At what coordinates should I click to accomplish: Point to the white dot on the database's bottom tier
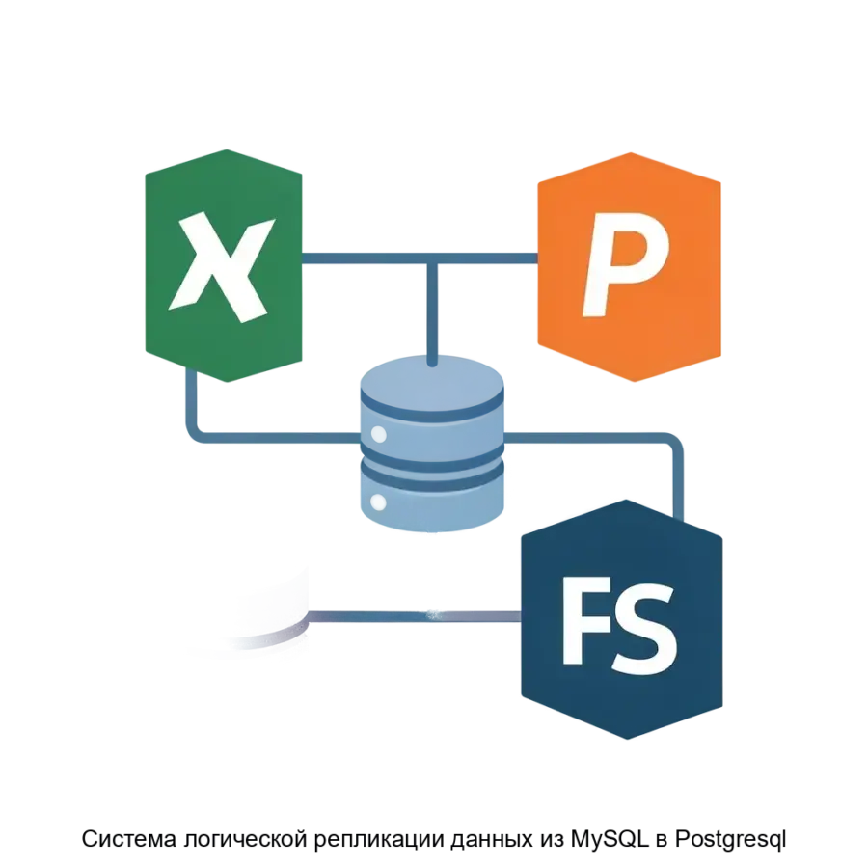coord(379,502)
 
